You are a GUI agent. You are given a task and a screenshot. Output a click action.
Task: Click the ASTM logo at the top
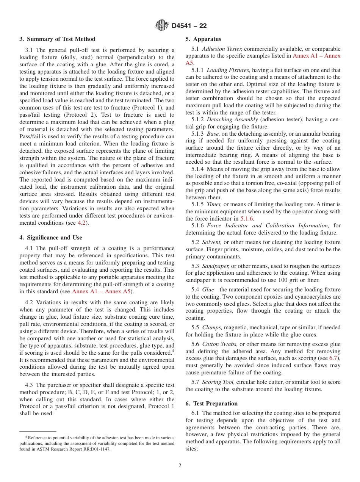click(162, 26)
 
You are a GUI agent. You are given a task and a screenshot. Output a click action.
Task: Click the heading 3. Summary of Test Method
click(57, 39)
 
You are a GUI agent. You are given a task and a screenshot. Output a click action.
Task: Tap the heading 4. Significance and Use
click(50, 238)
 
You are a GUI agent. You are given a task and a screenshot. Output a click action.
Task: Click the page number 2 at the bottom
click(180, 466)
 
